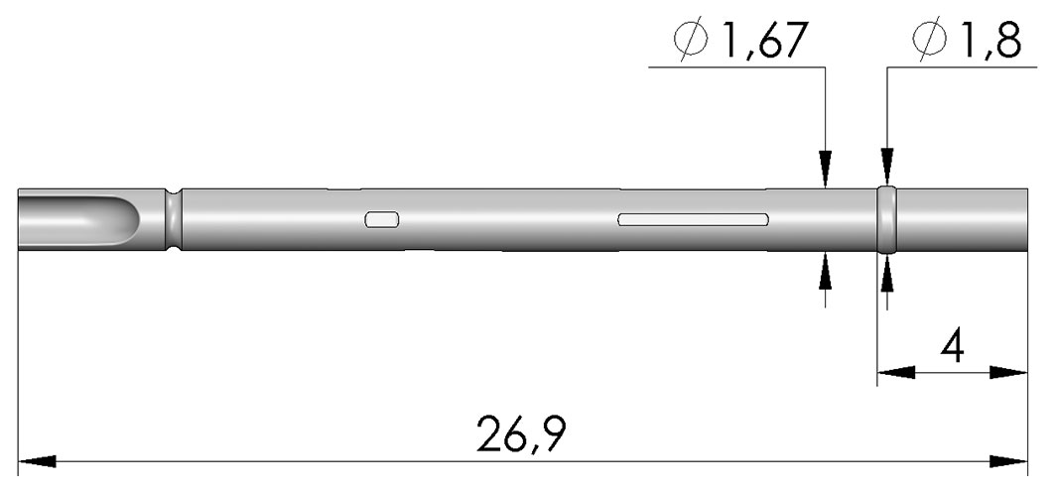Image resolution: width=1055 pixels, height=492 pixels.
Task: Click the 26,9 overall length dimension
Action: pyautogui.click(x=521, y=434)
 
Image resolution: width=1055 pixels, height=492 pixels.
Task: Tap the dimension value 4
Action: pyautogui.click(x=953, y=349)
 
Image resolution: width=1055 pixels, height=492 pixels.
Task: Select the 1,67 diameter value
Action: pyautogui.click(x=763, y=42)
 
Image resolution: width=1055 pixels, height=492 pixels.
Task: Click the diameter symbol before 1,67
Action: pyautogui.click(x=691, y=41)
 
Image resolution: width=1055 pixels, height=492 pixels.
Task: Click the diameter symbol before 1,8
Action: pyautogui.click(x=929, y=41)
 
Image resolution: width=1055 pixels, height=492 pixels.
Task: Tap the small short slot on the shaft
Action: pyautogui.click(x=382, y=220)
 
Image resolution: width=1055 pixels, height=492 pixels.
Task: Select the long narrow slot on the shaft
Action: pyautogui.click(x=693, y=219)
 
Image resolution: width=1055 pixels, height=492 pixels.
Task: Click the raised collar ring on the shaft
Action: pyautogui.click(x=887, y=220)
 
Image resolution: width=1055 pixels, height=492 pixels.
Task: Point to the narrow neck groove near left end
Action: pyautogui.click(x=174, y=220)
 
